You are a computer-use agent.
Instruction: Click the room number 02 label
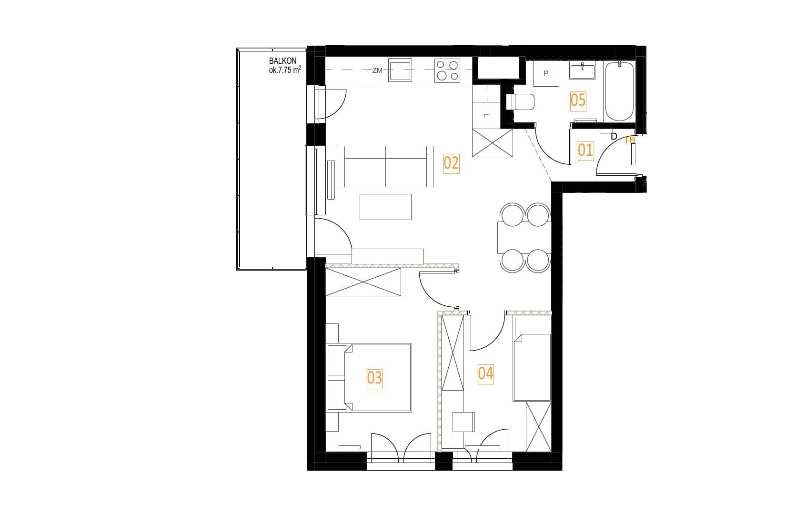click(x=451, y=163)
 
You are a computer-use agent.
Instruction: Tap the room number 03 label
click(x=374, y=378)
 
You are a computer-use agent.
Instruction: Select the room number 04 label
click(x=485, y=373)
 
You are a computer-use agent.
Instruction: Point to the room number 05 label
click(x=578, y=101)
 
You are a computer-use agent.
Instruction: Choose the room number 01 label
click(x=585, y=151)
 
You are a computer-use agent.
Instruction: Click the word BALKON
click(x=283, y=61)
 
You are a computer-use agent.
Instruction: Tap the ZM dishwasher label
click(x=377, y=71)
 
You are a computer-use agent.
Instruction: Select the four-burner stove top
click(x=447, y=71)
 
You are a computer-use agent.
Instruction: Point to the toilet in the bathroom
click(x=520, y=102)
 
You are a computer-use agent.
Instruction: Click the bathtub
click(x=619, y=91)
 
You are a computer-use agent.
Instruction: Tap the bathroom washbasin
click(x=583, y=71)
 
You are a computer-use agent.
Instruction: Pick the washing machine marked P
click(x=546, y=73)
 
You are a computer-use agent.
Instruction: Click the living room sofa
click(x=385, y=166)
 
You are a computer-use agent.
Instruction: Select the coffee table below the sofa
click(x=385, y=207)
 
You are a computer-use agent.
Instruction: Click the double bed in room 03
click(x=369, y=378)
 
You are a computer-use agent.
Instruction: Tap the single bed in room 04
click(x=532, y=359)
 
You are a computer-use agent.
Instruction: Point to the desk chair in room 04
click(x=464, y=422)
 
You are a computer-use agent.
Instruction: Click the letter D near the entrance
click(x=614, y=136)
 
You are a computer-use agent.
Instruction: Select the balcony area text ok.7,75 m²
click(x=285, y=70)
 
